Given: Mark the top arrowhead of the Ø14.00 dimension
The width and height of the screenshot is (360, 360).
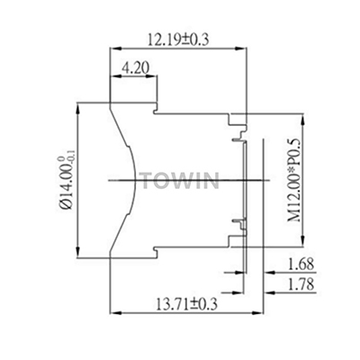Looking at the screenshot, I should (79, 104).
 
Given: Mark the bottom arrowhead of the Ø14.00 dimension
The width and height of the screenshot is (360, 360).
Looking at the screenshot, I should (79, 255).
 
